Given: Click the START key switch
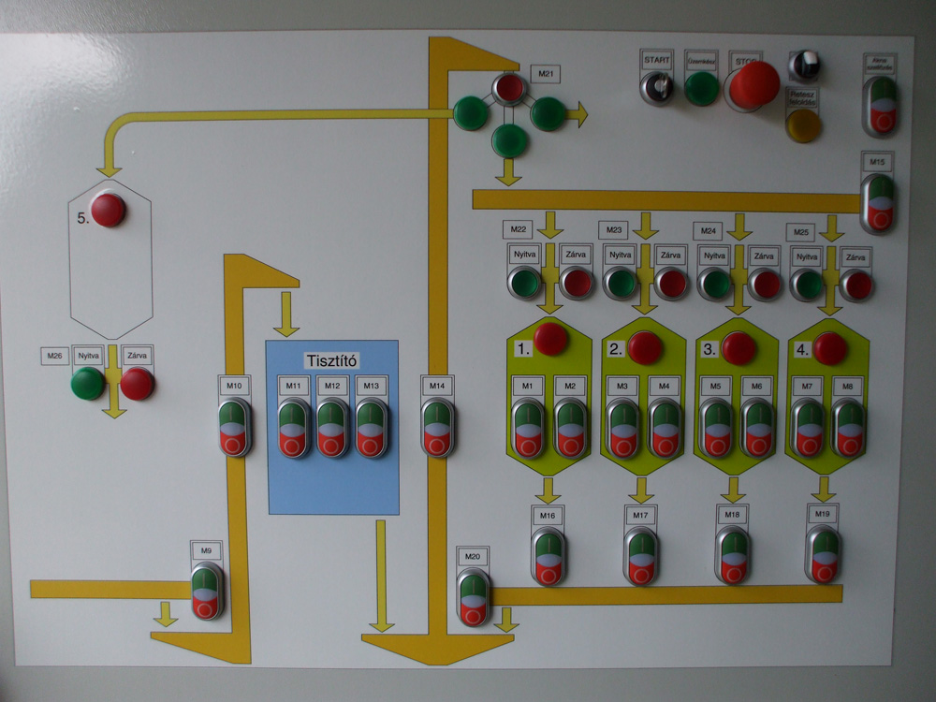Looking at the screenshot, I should click(657, 88).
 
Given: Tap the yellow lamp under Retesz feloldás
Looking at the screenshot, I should click(803, 125).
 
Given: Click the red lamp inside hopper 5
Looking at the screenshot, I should click(108, 210).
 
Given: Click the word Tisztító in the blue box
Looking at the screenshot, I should click(332, 360).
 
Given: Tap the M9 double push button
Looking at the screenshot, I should click(207, 591).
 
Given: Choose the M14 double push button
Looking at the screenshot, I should click(437, 428).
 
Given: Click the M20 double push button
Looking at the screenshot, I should click(474, 597).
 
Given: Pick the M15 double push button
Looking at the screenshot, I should click(878, 202).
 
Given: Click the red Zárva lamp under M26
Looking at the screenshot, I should click(137, 383).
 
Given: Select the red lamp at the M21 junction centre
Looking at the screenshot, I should click(509, 89).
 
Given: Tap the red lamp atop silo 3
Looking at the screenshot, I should click(739, 347).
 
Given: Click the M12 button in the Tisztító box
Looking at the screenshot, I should click(332, 428).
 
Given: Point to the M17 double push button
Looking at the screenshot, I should click(640, 556).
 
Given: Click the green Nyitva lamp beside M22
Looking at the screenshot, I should click(524, 282).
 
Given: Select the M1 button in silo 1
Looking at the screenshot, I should click(528, 428).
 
